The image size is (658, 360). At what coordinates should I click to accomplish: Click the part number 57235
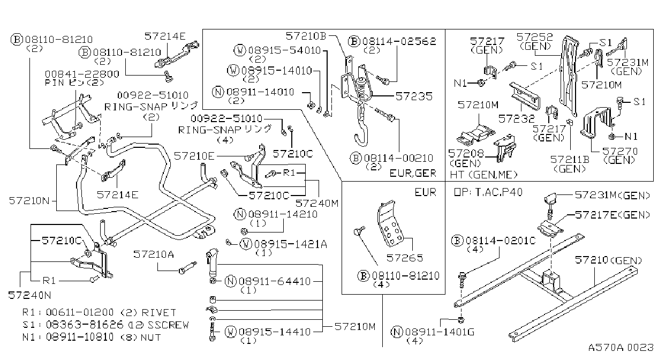click(414, 96)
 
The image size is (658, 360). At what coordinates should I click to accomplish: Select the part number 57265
click(405, 258)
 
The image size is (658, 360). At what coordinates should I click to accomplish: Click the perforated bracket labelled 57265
click(390, 223)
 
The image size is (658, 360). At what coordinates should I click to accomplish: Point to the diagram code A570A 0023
click(621, 348)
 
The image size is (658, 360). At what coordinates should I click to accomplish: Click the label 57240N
click(29, 295)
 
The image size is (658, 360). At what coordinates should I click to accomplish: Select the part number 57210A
click(154, 254)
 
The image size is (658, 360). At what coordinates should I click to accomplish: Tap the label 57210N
click(29, 201)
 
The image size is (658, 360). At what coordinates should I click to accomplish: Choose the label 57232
click(517, 119)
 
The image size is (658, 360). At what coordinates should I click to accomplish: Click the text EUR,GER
click(413, 174)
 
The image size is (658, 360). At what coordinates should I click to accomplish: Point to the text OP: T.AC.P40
click(488, 192)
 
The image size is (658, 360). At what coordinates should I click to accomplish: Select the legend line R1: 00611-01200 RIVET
click(99, 312)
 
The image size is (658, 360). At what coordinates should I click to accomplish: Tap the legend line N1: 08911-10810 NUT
click(92, 337)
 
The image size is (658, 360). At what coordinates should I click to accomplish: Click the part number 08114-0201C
click(501, 241)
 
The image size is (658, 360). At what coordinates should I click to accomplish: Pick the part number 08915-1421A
click(291, 244)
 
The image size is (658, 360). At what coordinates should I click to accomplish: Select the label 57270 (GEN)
click(620, 156)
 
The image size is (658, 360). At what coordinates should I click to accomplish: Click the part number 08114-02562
click(399, 41)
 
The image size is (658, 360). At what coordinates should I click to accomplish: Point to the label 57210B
click(306, 36)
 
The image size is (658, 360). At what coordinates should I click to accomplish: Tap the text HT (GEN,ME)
click(483, 175)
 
